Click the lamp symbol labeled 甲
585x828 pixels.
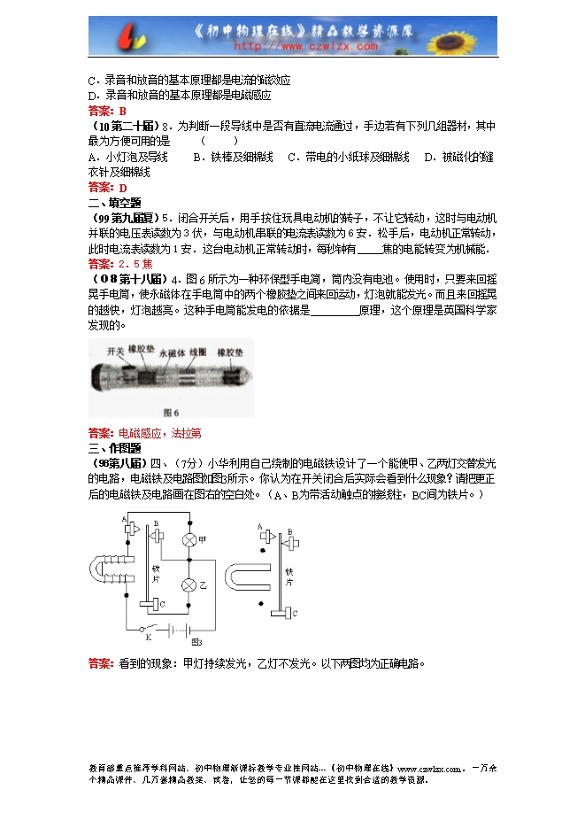[x=189, y=539]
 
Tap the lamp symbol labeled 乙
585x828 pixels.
[x=189, y=585]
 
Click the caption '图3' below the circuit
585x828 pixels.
[x=196, y=642]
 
